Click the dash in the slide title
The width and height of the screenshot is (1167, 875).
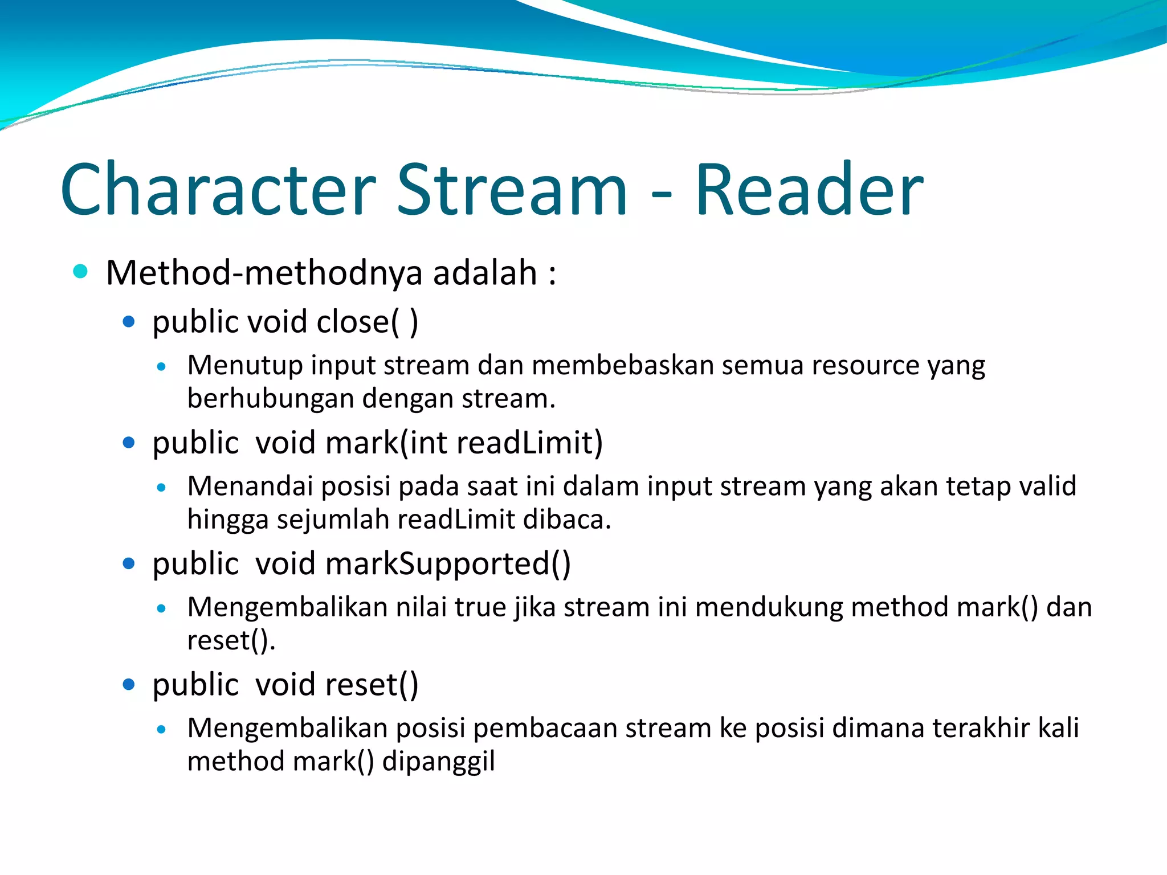point(661,194)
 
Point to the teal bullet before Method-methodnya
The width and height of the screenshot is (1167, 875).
point(80,272)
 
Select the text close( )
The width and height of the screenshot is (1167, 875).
point(367,322)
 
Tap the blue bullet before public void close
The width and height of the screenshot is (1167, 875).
point(129,322)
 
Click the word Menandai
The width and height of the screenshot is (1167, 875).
point(250,486)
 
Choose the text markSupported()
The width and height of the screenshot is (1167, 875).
point(448,564)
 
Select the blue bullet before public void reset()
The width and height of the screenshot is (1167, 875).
point(129,684)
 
